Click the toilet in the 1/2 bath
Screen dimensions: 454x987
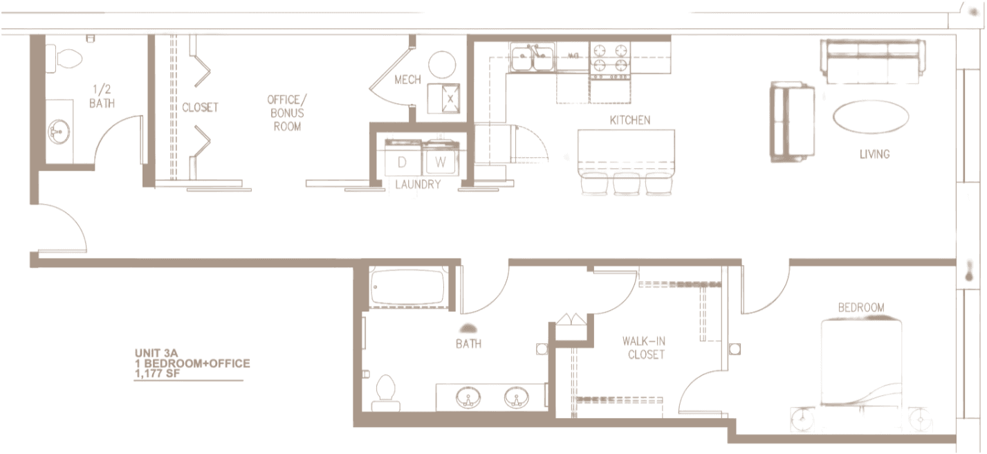point(61,59)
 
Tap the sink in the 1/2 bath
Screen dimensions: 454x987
point(60,130)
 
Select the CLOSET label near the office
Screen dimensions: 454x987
point(201,108)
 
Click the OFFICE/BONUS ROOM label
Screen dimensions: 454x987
point(286,113)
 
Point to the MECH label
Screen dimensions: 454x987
point(407,80)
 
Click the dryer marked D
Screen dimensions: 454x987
point(402,163)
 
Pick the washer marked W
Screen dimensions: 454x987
point(440,163)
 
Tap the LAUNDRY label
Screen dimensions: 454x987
point(418,185)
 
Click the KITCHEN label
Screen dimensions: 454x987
point(629,120)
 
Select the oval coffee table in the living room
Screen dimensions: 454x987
point(870,117)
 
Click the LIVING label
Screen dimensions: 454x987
point(874,154)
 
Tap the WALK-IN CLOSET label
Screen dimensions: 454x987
point(646,348)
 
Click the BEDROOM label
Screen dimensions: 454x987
point(861,308)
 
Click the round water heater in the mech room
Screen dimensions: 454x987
point(442,65)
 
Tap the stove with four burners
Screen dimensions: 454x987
point(611,57)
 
